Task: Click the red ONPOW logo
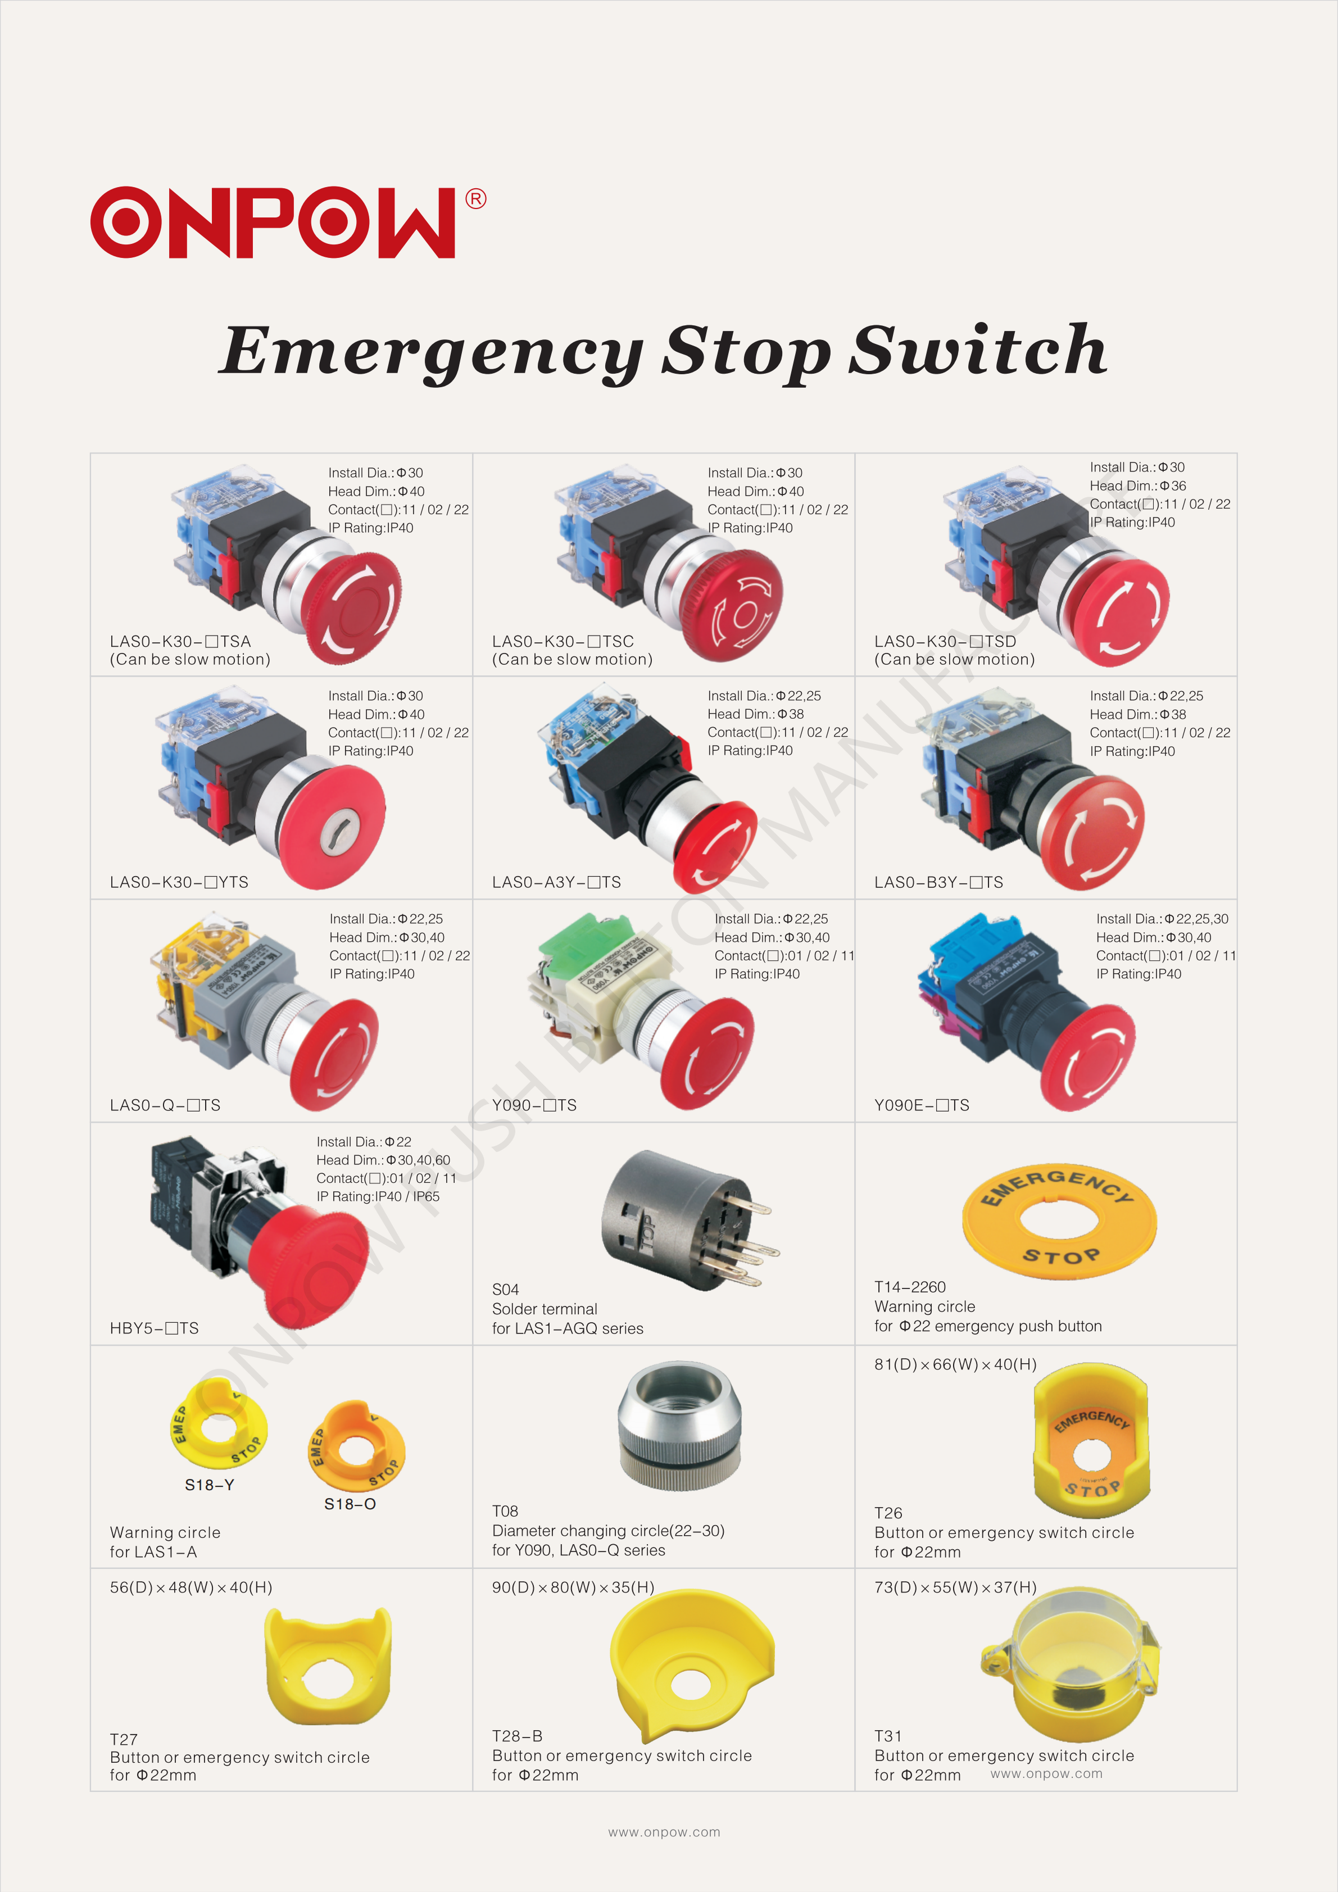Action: tap(274, 223)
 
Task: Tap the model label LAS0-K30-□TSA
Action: tap(180, 641)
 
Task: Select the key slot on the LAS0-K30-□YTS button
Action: tap(339, 828)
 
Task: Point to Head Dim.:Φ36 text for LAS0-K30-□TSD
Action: tap(1138, 486)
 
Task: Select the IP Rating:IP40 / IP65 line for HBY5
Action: tap(378, 1196)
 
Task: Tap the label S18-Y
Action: tap(209, 1485)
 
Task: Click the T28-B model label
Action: tap(516, 1735)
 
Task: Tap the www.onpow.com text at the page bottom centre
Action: tap(664, 1832)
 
